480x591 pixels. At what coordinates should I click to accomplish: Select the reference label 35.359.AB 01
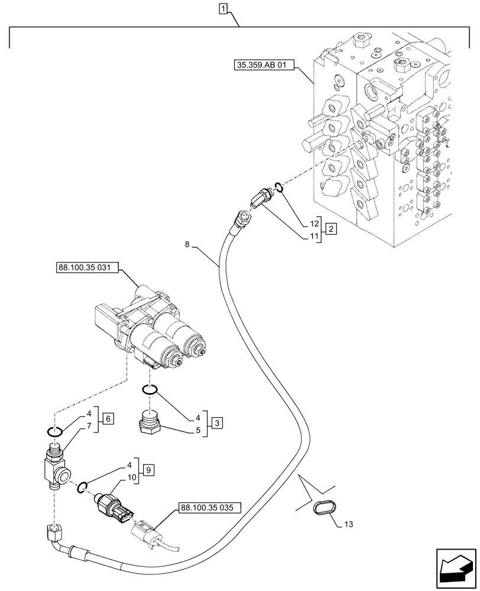261,66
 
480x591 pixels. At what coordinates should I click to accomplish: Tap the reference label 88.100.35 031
87,268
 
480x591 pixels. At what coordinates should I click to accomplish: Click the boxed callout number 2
330,228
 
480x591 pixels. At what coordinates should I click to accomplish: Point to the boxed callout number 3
217,423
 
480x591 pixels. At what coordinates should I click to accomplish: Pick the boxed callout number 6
108,418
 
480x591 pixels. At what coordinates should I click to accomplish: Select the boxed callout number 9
148,470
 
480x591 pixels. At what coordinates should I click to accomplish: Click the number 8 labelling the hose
187,245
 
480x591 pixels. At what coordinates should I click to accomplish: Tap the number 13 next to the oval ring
349,524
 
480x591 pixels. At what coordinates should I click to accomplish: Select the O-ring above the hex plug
150,389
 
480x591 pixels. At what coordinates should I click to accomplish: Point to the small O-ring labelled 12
278,186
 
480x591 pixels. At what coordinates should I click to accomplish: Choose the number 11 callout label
314,237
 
